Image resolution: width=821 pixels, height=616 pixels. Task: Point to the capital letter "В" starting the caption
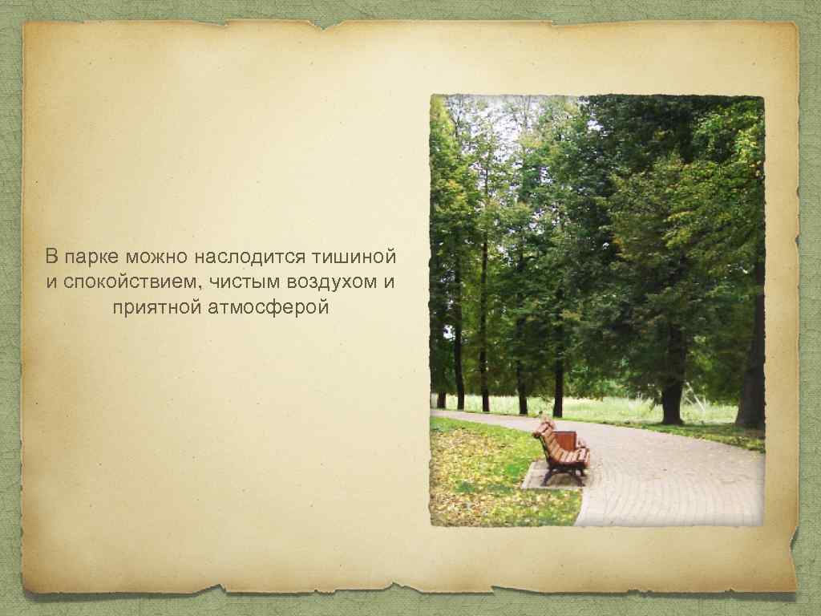click(x=51, y=258)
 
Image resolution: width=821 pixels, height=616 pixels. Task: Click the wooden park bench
click(x=563, y=454)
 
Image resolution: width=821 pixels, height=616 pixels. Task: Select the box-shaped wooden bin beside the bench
click(x=564, y=440)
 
